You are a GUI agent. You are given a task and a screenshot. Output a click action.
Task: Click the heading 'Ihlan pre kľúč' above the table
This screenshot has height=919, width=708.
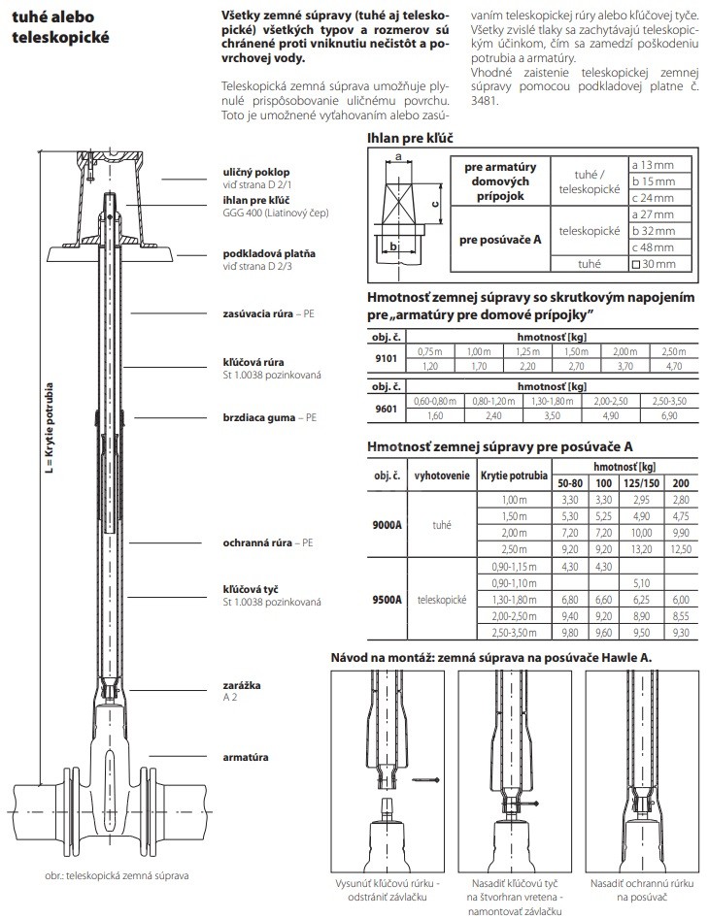(410, 139)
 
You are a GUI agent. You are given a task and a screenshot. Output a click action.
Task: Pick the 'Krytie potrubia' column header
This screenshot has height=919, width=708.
(513, 476)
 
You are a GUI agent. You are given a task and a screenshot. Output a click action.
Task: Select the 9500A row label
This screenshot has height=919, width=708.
(387, 600)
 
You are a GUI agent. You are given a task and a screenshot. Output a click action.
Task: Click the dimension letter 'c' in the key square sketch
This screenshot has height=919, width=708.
(434, 191)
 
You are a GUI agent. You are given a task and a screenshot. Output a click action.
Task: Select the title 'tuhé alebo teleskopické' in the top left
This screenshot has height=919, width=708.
(59, 28)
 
